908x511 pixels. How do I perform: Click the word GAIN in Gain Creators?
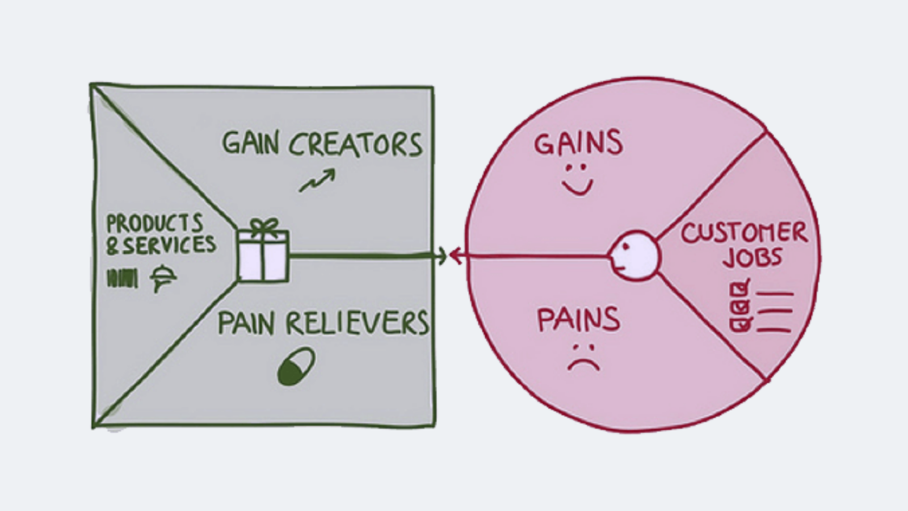250,144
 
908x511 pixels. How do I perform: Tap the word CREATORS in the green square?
356,144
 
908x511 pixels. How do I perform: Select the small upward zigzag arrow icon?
317,181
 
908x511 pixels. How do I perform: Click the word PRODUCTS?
154,223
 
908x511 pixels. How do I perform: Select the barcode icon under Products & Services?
123,278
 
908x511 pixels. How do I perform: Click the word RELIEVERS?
356,324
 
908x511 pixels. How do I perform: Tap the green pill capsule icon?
296,367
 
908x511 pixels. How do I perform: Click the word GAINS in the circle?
578,143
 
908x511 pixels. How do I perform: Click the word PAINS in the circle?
578,320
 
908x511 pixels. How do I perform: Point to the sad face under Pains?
583,357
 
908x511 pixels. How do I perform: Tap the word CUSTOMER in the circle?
744,233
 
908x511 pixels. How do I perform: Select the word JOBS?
752,258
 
